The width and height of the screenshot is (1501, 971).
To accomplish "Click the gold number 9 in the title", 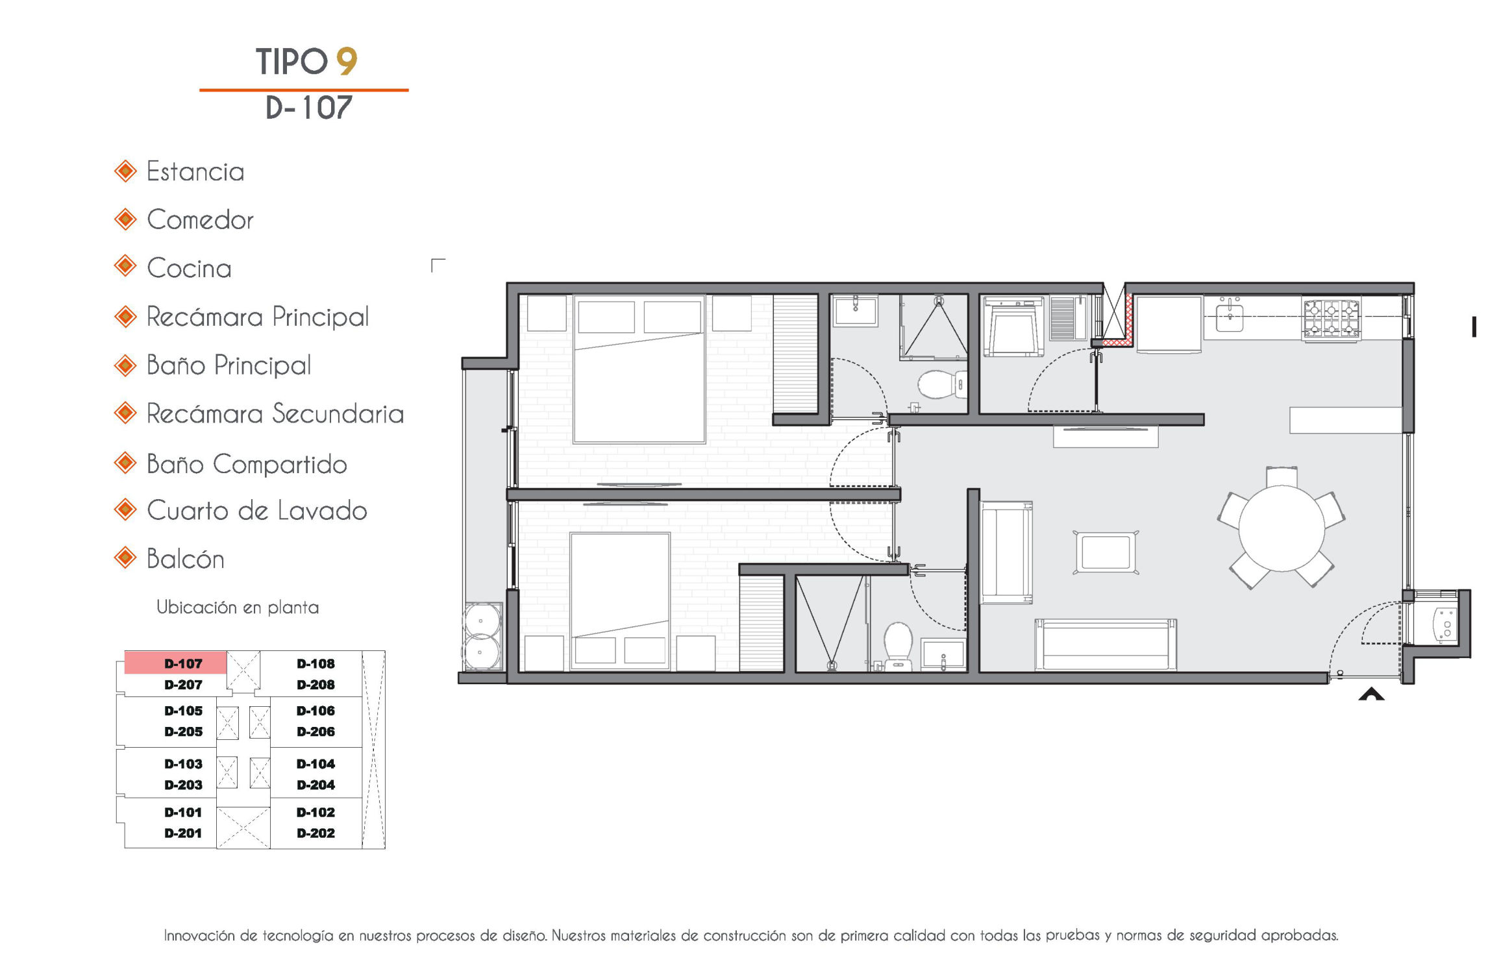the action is [347, 62].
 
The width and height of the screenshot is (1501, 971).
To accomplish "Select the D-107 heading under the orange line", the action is [309, 108].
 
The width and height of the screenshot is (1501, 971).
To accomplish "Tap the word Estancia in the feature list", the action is [195, 172].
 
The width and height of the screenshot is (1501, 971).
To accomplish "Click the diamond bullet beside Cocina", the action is [125, 267].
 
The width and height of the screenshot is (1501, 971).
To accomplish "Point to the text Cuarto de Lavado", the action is [257, 511].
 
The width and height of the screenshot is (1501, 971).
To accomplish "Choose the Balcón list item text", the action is [186, 559].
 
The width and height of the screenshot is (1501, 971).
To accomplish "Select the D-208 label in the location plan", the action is [316, 685].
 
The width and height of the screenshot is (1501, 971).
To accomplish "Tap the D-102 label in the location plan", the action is [316, 813].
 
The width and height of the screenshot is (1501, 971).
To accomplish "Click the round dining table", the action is [1282, 528].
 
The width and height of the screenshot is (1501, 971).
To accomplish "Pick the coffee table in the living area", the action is [1106, 552].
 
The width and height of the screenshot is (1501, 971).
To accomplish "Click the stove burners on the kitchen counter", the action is [1332, 319].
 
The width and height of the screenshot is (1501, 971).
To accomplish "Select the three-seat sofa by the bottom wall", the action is [1106, 644].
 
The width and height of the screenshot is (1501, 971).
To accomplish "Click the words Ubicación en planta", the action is [238, 608].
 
